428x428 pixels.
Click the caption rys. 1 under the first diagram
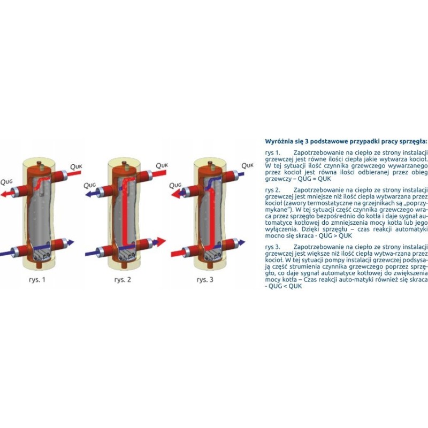[37, 280]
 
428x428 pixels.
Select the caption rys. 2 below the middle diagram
[123, 280]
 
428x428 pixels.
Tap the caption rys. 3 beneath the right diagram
[205, 280]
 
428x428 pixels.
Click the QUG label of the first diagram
[6, 181]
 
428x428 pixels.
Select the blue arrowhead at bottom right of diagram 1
[71, 242]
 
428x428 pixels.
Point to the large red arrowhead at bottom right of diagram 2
[161, 241]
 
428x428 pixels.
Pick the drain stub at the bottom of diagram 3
[210, 265]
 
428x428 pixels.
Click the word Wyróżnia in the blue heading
[278, 142]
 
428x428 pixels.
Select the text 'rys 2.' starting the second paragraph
[273, 190]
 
